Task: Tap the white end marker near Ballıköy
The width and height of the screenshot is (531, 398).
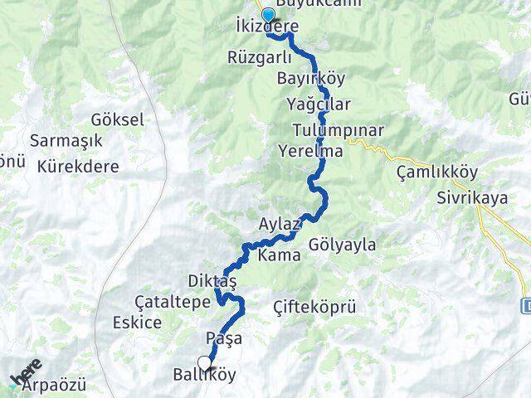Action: click(x=204, y=362)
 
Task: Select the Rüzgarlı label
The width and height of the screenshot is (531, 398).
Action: click(x=259, y=57)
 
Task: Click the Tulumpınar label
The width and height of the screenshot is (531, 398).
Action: click(x=338, y=130)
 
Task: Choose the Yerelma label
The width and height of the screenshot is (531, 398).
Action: click(x=311, y=152)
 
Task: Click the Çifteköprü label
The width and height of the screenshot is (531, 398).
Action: click(x=314, y=308)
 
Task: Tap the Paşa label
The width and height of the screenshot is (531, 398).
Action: click(x=222, y=338)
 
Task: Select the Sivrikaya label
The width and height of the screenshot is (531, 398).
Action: click(x=471, y=199)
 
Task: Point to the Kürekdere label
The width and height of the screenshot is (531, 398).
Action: click(x=78, y=166)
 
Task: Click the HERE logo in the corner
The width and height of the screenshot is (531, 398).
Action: click(x=25, y=376)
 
